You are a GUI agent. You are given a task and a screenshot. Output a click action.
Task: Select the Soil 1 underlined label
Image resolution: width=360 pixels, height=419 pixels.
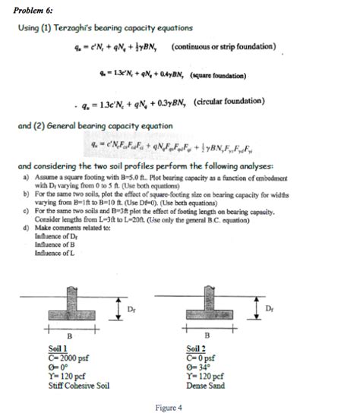click(59, 347)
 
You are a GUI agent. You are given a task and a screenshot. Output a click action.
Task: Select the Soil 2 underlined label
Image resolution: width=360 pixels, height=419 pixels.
click(197, 348)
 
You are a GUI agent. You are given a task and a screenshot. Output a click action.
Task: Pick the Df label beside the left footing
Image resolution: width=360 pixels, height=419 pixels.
click(132, 307)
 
